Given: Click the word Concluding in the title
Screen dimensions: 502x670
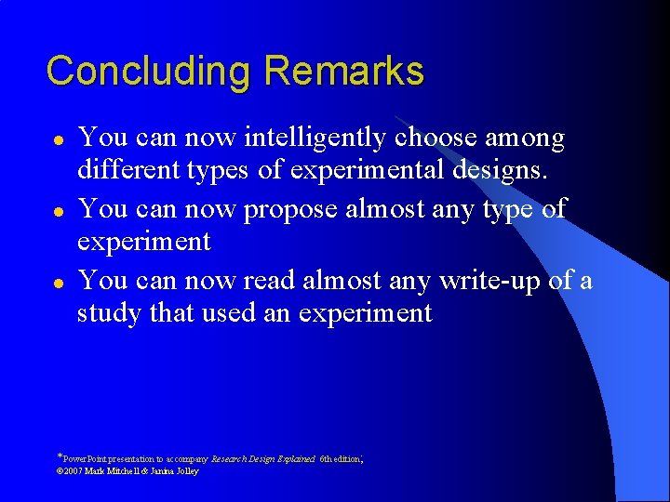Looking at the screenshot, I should tap(149, 72).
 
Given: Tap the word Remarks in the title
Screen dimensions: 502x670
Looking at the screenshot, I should tap(343, 71).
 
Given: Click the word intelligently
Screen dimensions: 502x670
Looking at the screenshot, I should tap(315, 139).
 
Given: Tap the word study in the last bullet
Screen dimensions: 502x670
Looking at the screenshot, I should tap(105, 313).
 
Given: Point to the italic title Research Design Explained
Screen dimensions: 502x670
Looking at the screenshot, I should tap(263, 459).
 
